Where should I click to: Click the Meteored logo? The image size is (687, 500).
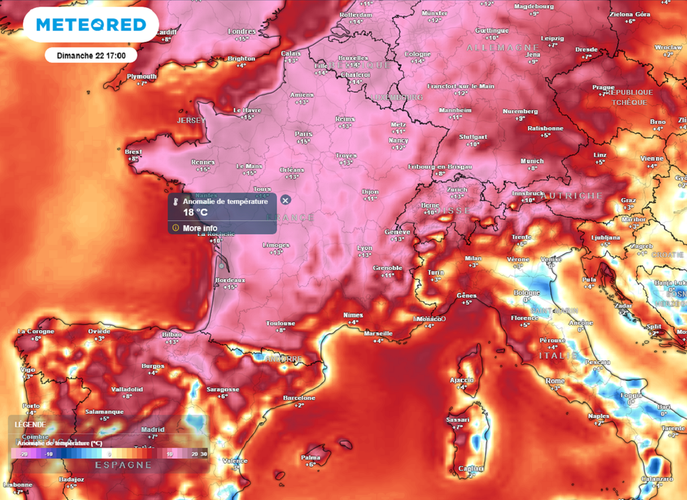click(x=91, y=25)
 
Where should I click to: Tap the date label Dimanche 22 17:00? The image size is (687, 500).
click(x=91, y=55)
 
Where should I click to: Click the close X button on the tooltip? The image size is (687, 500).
click(x=285, y=200)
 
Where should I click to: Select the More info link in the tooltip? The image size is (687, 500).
click(x=199, y=228)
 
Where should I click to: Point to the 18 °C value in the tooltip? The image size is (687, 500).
click(x=196, y=213)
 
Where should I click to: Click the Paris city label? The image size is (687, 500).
click(x=304, y=134)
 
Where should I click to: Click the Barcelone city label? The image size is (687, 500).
click(x=299, y=398)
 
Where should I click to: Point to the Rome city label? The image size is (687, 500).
click(x=556, y=381)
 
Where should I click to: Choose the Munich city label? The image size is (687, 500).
click(x=532, y=161)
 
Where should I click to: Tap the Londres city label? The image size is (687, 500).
click(x=242, y=32)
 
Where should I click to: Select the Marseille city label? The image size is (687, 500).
click(x=378, y=333)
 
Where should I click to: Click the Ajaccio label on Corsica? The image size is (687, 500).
click(x=462, y=380)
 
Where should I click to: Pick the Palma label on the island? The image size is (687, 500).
click(x=310, y=457)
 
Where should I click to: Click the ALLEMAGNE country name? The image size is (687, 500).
click(x=498, y=48)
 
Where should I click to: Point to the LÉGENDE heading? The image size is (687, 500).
click(x=30, y=424)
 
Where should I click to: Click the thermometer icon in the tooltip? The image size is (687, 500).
click(x=176, y=201)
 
